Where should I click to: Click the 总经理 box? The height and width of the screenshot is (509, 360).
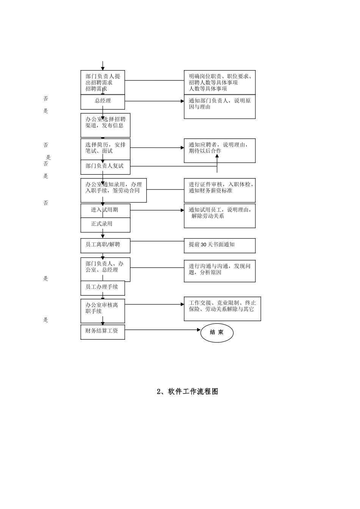coord(103,101)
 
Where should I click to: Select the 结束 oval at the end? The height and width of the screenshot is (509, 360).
coord(217,333)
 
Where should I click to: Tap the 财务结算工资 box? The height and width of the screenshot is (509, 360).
coord(103,331)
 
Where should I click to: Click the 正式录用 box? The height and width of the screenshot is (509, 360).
coord(105,225)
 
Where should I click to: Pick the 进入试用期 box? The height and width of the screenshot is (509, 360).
coord(105,210)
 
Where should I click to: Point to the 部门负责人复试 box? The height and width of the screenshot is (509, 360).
coord(105,166)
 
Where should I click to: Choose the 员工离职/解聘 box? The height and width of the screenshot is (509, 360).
coord(105,245)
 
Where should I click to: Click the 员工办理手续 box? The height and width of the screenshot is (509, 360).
coord(102,287)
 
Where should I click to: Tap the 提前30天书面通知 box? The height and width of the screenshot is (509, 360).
coord(219,245)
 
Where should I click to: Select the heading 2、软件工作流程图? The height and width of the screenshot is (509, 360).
coord(187,392)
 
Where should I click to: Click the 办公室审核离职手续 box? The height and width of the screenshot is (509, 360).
coord(102,308)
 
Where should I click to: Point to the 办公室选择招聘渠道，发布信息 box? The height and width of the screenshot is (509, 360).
coord(105,125)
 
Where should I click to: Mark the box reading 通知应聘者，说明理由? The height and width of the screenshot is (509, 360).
coord(219,150)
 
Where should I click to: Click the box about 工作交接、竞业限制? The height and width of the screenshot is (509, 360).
coord(222,308)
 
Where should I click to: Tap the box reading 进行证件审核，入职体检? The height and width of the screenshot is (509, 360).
coord(219,190)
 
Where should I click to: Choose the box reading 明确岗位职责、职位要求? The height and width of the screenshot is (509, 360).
coord(219,82)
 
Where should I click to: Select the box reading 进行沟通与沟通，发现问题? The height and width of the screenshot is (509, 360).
coord(219,270)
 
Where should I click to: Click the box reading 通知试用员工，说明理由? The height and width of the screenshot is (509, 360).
coord(219,216)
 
